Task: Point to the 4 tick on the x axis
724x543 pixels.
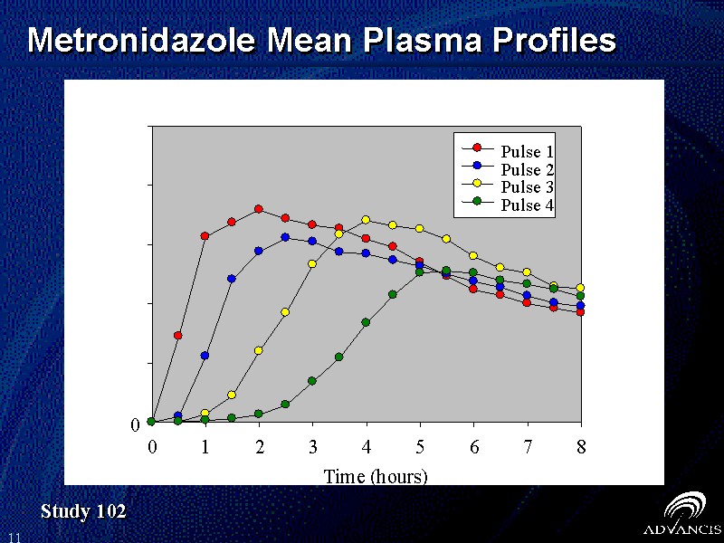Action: [367, 446]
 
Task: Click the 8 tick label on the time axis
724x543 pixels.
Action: [581, 446]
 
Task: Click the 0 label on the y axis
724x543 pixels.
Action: [135, 424]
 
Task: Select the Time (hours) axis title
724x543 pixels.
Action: [376, 476]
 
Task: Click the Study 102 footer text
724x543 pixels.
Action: [83, 512]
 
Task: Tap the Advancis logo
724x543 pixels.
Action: [681, 515]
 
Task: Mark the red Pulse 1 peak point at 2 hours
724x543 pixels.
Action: [259, 209]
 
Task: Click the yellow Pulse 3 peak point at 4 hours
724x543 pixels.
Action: [366, 220]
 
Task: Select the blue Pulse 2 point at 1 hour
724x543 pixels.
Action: [205, 356]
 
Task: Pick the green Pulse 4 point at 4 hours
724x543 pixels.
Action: [366, 322]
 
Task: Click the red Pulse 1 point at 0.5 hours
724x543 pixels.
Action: [178, 336]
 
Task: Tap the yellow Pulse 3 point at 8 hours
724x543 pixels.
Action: [580, 288]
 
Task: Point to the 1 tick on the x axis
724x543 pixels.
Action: [205, 446]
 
